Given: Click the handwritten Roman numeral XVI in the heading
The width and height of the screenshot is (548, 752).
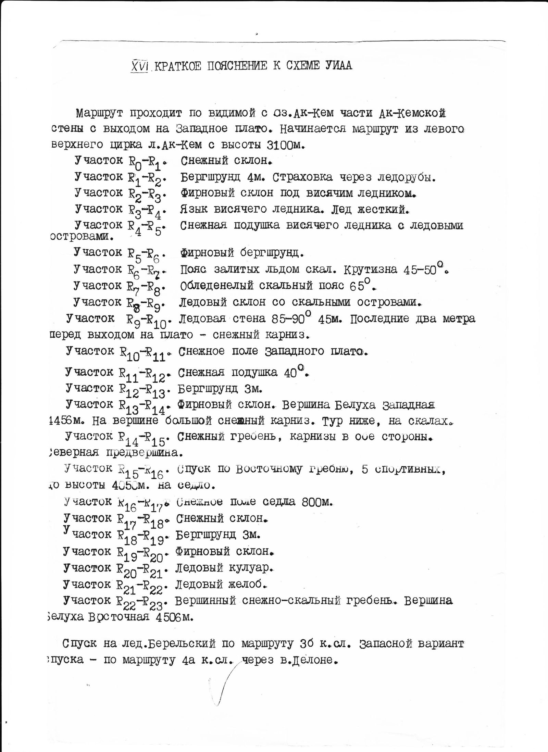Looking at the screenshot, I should [x=139, y=65].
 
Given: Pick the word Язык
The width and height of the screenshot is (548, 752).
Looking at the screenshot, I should [x=194, y=209].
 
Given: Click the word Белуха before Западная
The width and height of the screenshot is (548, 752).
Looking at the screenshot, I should [x=354, y=404].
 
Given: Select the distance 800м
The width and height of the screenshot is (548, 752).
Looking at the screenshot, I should [x=317, y=502].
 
